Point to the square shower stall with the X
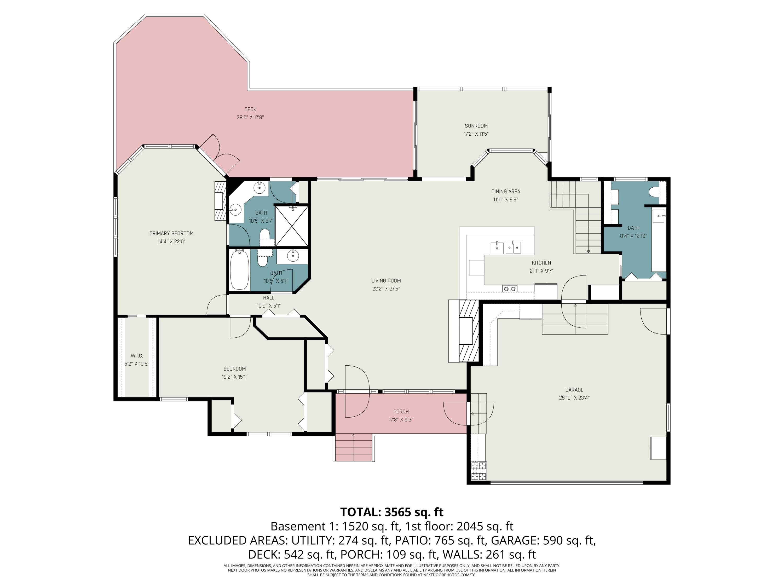(292, 226)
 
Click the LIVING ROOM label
(386, 281)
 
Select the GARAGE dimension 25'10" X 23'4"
(574, 398)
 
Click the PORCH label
(401, 412)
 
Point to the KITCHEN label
(541, 263)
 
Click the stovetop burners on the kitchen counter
(510, 289)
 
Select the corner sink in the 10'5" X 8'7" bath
(235, 210)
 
